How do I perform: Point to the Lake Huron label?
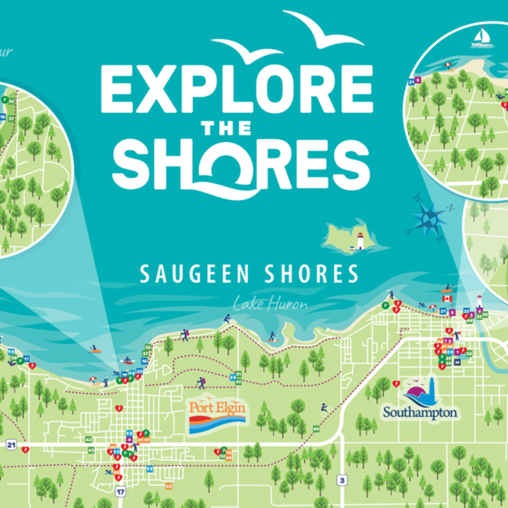[x=270, y=304]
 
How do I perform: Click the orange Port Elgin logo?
[x=217, y=416]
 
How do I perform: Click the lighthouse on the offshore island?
[x=360, y=241]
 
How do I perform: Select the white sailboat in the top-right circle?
[x=481, y=37]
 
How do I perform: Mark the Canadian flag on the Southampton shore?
[x=447, y=298]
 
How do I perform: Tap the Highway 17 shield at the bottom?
[x=121, y=492]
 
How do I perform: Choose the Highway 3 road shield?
[x=342, y=480]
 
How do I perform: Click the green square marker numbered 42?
[x=89, y=439]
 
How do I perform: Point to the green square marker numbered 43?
[x=91, y=450]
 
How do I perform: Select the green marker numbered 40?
[x=316, y=429]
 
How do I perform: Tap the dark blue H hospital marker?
[x=457, y=362]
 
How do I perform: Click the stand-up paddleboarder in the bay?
[x=272, y=337]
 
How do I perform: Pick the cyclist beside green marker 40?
[x=324, y=409]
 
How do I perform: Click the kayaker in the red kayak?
[x=128, y=361]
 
